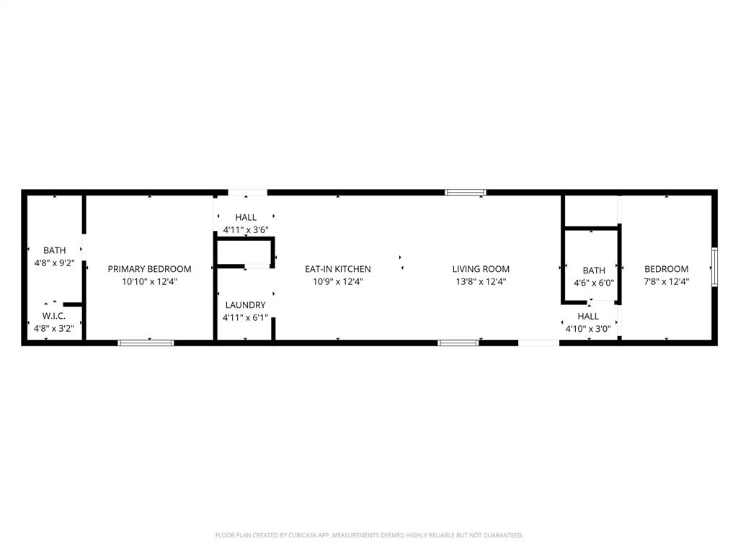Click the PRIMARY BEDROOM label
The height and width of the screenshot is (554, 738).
149,269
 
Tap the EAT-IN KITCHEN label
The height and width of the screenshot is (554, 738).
337,269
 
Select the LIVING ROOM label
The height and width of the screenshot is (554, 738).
481,269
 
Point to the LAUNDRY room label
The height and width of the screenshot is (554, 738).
245,305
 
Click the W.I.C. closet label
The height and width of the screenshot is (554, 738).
54,316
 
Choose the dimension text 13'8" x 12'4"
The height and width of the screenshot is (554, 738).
481,282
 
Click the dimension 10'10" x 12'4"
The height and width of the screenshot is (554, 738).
149,282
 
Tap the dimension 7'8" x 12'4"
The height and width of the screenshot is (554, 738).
666,282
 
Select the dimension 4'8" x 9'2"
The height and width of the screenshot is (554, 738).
54,263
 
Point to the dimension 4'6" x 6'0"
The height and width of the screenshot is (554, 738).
594,283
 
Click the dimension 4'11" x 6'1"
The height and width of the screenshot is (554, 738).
245,317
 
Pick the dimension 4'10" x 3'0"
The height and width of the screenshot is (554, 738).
588,328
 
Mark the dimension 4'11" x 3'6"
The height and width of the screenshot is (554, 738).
246,229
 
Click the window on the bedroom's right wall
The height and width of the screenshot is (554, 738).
714,267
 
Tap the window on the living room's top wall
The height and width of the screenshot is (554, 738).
466,193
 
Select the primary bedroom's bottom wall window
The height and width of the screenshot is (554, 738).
146,343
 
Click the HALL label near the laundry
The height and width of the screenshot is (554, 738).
246,217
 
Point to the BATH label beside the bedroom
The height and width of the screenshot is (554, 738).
594,271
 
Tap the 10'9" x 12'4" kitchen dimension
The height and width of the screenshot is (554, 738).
337,282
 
